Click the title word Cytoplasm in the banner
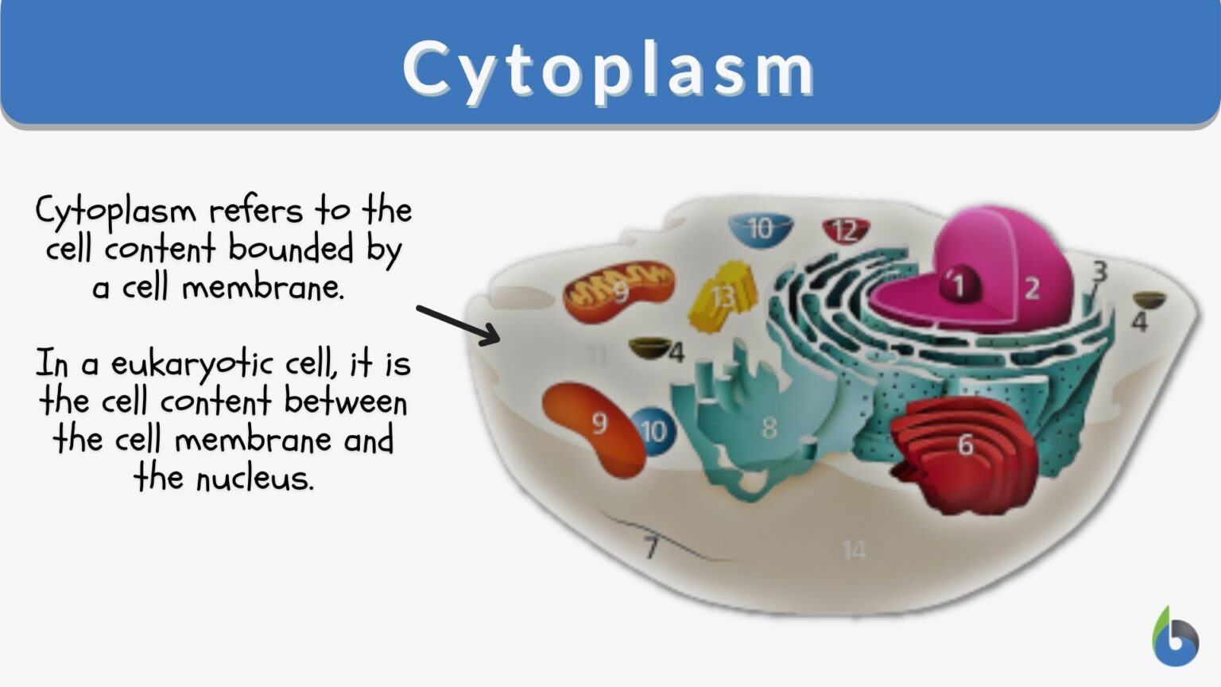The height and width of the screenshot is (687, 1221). pyautogui.click(x=609, y=68)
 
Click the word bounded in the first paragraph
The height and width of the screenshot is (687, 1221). pyautogui.click(x=291, y=249)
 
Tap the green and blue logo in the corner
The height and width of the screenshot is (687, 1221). pyautogui.click(x=1175, y=638)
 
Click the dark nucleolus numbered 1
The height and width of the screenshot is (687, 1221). pyautogui.click(x=957, y=285)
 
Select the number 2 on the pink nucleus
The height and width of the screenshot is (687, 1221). pyautogui.click(x=1032, y=288)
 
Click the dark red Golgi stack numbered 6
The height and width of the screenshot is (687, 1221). pyautogui.click(x=964, y=449)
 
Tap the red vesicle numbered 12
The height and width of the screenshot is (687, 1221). pyautogui.click(x=845, y=231)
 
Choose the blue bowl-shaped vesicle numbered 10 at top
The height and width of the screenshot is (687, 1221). pyautogui.click(x=760, y=229)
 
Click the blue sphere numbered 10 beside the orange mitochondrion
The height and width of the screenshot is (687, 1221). pyautogui.click(x=653, y=432)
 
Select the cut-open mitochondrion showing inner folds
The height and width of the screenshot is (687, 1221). pyautogui.click(x=618, y=292)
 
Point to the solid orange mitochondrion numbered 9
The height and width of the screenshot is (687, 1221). pyautogui.click(x=594, y=427)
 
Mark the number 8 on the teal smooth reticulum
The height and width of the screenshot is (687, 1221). pyautogui.click(x=769, y=428)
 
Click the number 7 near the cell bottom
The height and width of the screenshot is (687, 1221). pyautogui.click(x=651, y=547)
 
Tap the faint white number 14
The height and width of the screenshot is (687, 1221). pyautogui.click(x=853, y=550)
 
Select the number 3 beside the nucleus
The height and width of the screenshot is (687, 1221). pyautogui.click(x=1099, y=272)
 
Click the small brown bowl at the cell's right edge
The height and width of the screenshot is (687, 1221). pyautogui.click(x=1148, y=301)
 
